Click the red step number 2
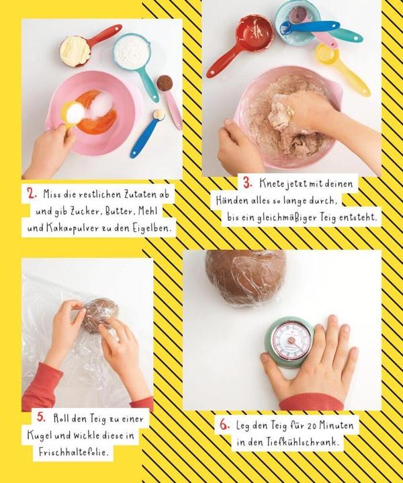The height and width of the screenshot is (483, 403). click(32, 194)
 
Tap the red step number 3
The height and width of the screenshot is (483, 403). click(247, 183)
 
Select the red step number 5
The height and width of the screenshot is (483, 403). click(41, 417)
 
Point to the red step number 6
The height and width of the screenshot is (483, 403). click(225, 425)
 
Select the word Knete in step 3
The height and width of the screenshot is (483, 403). click(271, 184)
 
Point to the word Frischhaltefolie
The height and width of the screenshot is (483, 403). click(74, 452)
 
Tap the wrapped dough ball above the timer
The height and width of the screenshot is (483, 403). click(245, 276)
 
